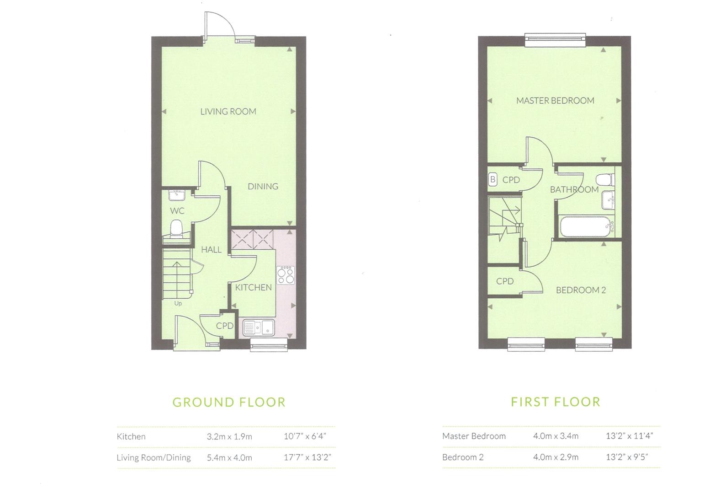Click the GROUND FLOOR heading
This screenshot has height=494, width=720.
pos(229,402)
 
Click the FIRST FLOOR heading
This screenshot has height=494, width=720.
pos(556,402)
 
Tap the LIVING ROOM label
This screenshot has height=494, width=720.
pos(228,111)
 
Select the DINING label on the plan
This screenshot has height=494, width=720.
pos(263,186)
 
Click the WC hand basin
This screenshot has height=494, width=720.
pos(176,195)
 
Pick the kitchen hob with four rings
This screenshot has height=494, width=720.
pos(285,275)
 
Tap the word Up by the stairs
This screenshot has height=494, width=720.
pos(178,303)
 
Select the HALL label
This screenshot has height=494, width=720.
pos(211,249)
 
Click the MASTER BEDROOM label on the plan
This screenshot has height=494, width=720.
pos(555,101)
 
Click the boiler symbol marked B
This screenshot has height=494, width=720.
pos(492,179)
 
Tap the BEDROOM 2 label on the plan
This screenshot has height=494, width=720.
pos(581,290)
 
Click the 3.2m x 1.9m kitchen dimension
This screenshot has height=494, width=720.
pos(229,436)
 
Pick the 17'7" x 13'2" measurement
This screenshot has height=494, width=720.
pos(307,457)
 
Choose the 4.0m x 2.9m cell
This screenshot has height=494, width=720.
pos(556,457)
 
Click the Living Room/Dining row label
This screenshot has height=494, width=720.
pos(154,457)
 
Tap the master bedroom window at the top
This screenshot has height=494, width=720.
pos(555,39)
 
